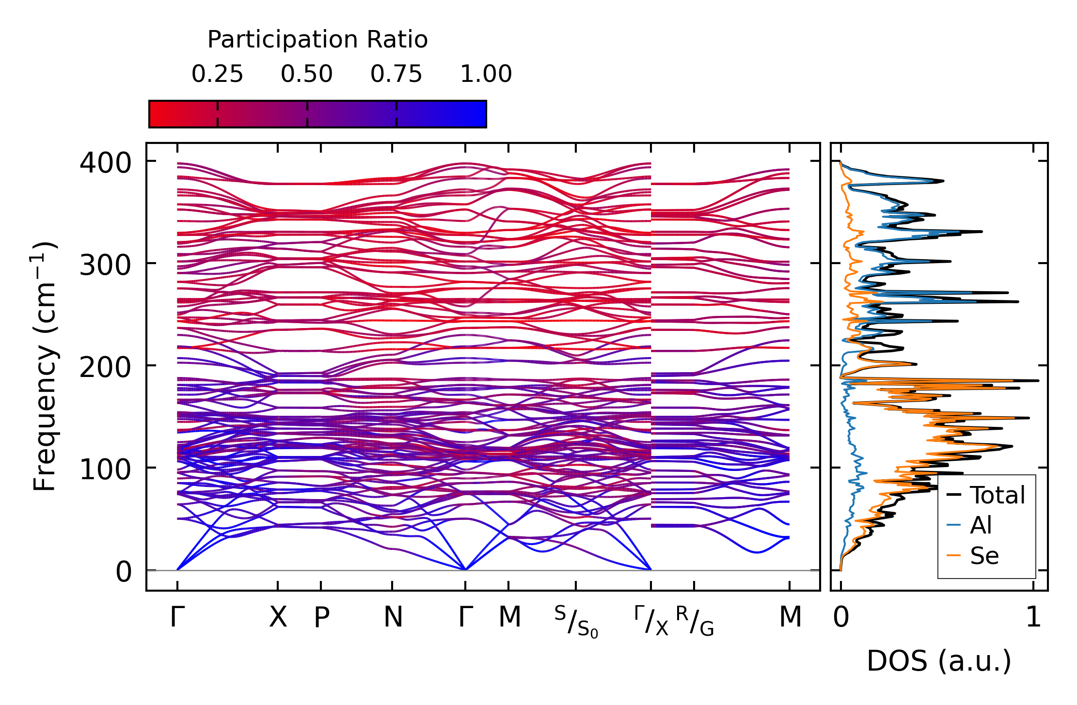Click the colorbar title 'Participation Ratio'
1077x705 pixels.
pyautogui.click(x=317, y=40)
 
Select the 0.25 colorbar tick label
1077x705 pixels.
pyautogui.click(x=217, y=74)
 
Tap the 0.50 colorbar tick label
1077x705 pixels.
pyautogui.click(x=307, y=74)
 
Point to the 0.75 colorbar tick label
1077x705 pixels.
pyautogui.click(x=396, y=74)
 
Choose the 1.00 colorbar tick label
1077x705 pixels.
pyautogui.click(x=486, y=74)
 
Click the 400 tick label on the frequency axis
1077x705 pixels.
pyautogui.click(x=105, y=163)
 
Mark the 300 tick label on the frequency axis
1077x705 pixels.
pyautogui.click(x=105, y=265)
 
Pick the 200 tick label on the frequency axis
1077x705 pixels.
pyautogui.click(x=105, y=367)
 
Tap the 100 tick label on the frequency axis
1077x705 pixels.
pyautogui.click(x=105, y=470)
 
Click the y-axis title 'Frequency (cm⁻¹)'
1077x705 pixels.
pyautogui.click(x=45, y=366)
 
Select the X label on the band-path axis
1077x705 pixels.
pyautogui.click(x=278, y=617)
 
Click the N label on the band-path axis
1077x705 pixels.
pyautogui.click(x=393, y=617)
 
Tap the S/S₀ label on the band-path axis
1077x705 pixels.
pyautogui.click(x=576, y=621)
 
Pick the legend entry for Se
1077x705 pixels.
pyautogui.click(x=984, y=556)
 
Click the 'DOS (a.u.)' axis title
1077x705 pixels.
pyautogui.click(x=939, y=661)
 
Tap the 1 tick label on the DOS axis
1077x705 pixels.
pyautogui.click(x=1033, y=618)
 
